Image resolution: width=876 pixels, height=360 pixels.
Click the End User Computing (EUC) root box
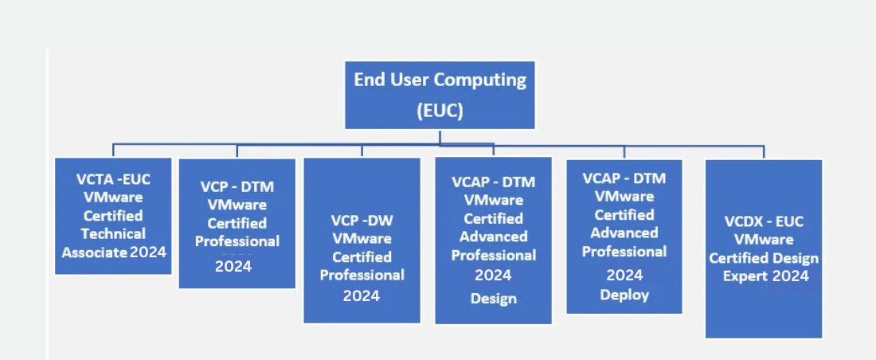440,95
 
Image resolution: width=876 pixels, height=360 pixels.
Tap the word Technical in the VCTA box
113,233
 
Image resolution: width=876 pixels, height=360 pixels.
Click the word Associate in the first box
95,252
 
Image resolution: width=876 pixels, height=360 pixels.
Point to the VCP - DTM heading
237,187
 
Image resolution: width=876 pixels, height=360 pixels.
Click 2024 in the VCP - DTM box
233,266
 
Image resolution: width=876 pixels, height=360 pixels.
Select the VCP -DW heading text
362,220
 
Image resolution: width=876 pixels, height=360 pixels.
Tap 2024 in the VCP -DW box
362,295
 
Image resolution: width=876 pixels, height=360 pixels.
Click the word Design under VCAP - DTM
493,299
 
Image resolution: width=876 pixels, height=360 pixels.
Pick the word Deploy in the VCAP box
624,295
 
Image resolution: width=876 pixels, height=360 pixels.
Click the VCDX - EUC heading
763,221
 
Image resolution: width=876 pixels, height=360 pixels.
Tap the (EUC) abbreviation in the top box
440,111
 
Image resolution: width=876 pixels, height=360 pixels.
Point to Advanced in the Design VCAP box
493,237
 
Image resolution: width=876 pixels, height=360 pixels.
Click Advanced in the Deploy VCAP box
624,233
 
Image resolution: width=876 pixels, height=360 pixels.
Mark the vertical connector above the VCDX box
764,152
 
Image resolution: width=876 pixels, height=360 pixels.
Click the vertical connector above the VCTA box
113,151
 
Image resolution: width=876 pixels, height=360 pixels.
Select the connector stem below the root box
440,137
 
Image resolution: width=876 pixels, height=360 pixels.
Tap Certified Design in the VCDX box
764,258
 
